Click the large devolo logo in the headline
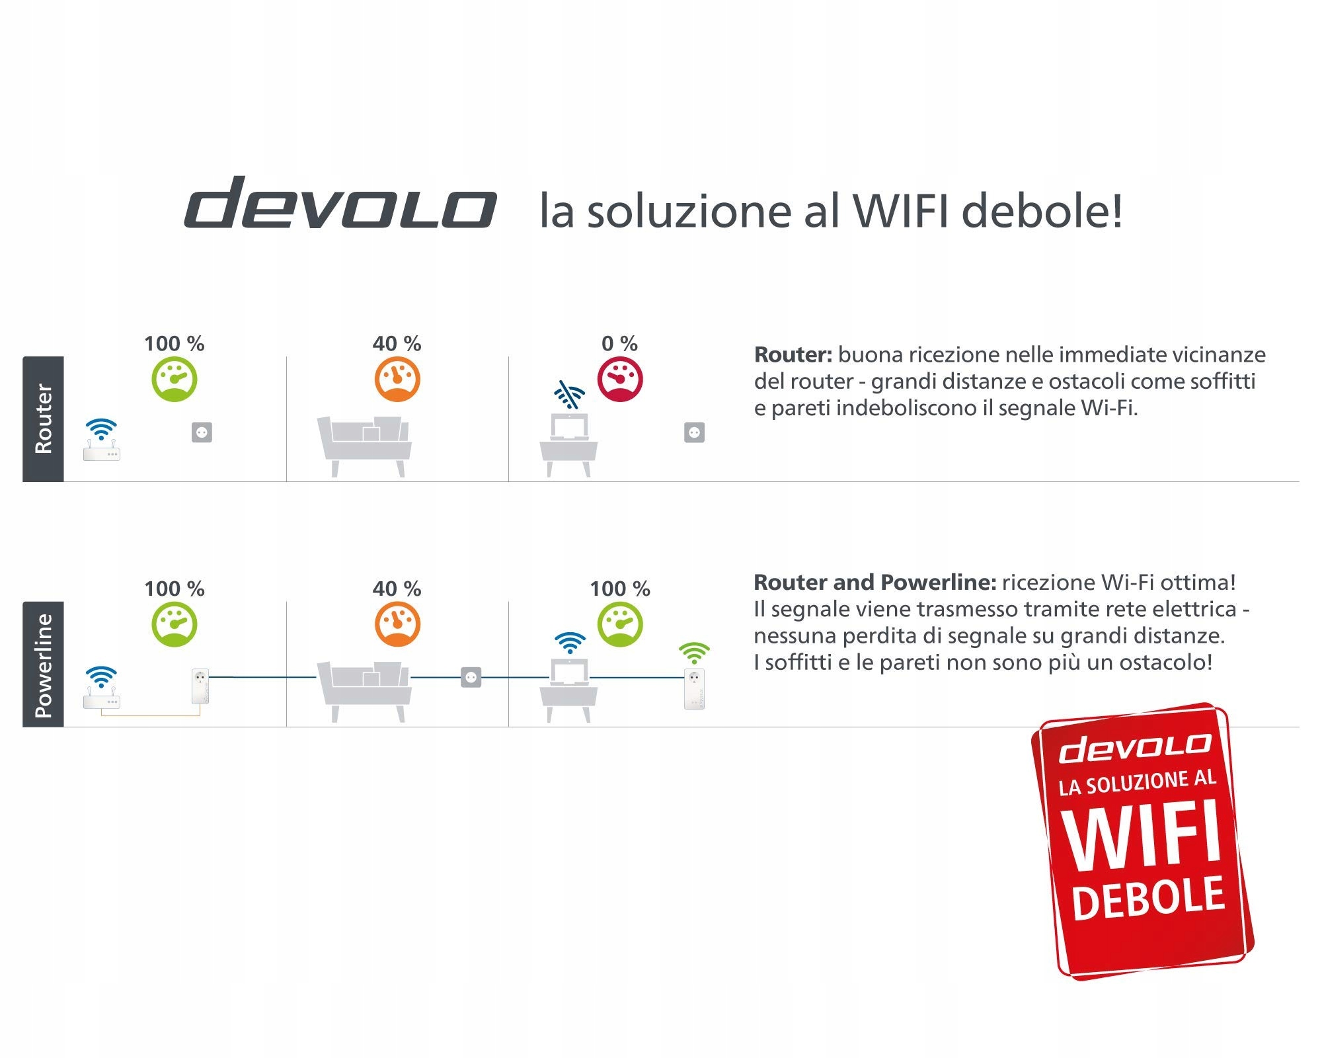point(340,204)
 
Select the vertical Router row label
point(43,419)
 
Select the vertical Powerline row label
point(43,664)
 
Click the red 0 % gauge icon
point(620,380)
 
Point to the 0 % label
point(619,344)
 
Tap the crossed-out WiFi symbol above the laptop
point(569,395)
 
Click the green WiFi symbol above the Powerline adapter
point(694,653)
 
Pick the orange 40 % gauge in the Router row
point(397,380)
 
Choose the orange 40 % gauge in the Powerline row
point(397,624)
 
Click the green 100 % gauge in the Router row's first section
point(175,380)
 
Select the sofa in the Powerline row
point(364,688)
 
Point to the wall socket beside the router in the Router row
point(202,432)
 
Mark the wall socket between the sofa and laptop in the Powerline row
point(471,677)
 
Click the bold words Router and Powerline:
point(875,583)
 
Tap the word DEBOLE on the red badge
point(1148,898)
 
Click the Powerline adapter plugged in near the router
point(200,686)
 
